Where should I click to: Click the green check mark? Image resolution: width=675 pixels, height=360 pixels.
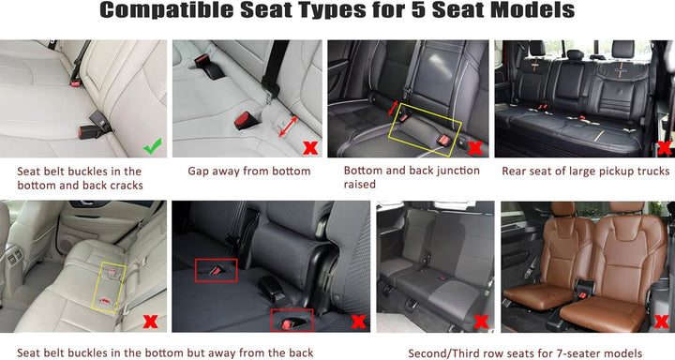(153, 146)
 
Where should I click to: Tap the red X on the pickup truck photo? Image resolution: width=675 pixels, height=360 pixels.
(665, 148)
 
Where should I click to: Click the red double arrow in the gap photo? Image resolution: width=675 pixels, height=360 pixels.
(288, 127)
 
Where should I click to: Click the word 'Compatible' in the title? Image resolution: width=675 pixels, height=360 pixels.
(167, 10)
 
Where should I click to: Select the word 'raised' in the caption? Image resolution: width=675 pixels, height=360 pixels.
(359, 185)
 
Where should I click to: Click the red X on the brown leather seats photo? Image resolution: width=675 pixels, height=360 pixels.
(661, 322)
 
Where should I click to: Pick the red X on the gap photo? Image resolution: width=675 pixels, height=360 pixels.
(310, 148)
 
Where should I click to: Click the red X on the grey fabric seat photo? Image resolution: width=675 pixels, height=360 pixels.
(481, 322)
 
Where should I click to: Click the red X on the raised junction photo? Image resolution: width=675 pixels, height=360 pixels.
(474, 148)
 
